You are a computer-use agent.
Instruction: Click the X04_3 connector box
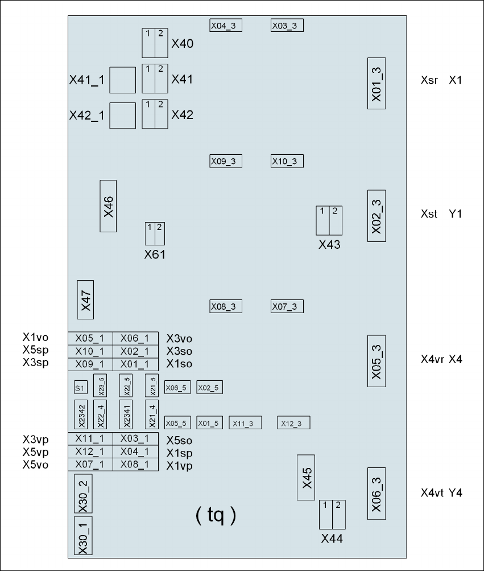pos(226,26)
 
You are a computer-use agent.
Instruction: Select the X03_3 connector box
pos(287,26)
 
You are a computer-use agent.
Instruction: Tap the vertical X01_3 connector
pos(377,83)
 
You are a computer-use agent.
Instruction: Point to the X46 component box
pos(108,206)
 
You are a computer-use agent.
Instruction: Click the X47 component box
pos(85,299)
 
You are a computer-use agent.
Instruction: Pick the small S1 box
pos(80,388)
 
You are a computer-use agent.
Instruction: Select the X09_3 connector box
pos(226,161)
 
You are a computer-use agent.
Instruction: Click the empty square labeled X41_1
pos(122,80)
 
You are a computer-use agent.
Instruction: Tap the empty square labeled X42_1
pos(122,116)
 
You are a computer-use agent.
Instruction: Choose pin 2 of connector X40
pos(161,43)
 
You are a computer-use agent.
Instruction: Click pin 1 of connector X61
pos(150,233)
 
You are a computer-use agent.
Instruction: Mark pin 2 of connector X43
pos(335,220)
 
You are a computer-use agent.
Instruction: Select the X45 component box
pos(306,478)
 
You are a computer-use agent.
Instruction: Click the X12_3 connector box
pos(294,423)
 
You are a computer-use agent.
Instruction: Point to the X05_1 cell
pos(90,338)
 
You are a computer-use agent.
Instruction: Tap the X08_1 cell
pos(135,465)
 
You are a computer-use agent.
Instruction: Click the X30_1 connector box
pos(83,536)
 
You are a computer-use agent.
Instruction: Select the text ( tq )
pos(215,515)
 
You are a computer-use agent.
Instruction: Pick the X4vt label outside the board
pos(432,492)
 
